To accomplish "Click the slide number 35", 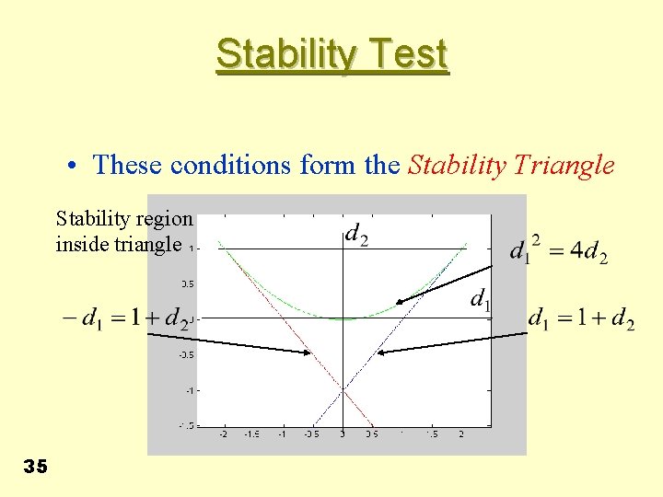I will pos(35,468).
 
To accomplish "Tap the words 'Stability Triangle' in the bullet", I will pos(511,166).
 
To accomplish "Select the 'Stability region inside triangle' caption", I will pos(124,232).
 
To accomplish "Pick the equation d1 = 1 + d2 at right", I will pos(581,319).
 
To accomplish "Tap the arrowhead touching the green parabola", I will pos(399,301).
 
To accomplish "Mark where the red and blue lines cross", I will pos(343,390).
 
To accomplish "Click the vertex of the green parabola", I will pos(343,318).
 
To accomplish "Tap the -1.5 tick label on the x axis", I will pos(252,433).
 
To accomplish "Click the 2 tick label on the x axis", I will pos(461,433).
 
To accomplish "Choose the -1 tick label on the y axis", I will pos(188,390).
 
